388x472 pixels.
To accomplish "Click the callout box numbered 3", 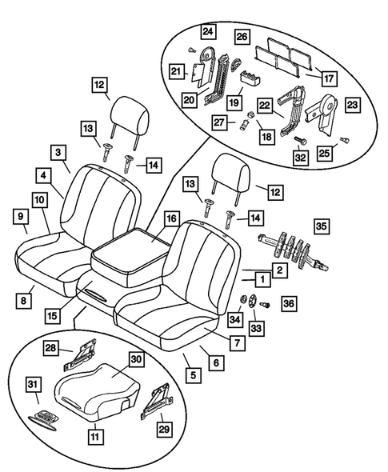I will [58, 151].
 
